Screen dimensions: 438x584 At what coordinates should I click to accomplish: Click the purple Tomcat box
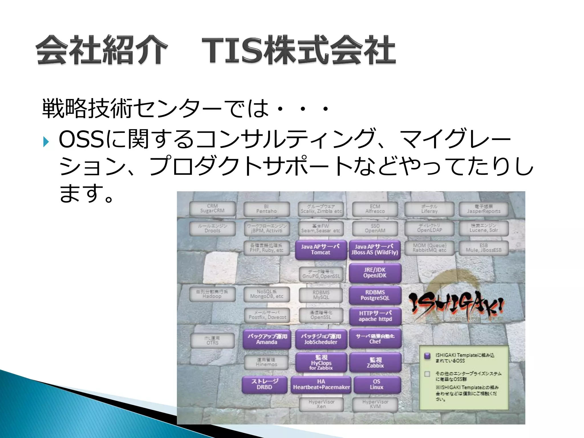coord(321,250)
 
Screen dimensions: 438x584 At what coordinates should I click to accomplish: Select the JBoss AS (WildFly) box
coord(375,250)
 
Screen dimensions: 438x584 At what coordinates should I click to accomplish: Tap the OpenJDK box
coord(375,273)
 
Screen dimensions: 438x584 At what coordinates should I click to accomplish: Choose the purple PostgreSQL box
coord(375,295)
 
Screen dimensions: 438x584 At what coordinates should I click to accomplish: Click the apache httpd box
coord(375,316)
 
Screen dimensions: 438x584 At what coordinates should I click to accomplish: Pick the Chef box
coord(375,339)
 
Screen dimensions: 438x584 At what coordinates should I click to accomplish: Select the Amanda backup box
coord(267,339)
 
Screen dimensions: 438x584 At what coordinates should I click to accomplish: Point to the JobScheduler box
coord(321,339)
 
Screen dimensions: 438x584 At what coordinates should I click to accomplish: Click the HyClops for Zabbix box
coord(321,362)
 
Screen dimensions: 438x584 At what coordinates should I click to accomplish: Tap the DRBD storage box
coord(264,384)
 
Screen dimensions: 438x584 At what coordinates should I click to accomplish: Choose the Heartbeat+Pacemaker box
coord(321,384)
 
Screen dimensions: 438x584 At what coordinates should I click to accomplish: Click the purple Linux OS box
coord(377,384)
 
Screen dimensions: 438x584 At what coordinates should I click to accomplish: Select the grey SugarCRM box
coord(212,208)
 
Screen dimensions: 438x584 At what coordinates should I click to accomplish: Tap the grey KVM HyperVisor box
coord(375,404)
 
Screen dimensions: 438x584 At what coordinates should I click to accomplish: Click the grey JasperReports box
coord(484,209)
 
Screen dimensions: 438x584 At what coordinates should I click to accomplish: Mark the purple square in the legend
coord(427,356)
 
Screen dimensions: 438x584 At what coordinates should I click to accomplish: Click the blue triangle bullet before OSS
coord(46,141)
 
